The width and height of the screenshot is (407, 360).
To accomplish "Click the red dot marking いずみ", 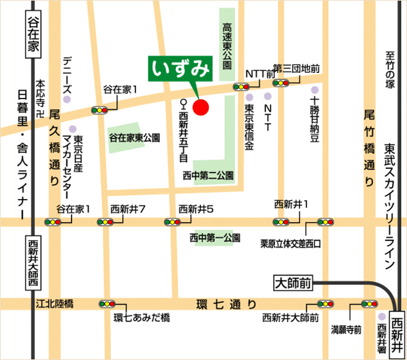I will [x=201, y=106].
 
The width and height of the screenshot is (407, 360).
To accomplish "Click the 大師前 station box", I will [x=292, y=284].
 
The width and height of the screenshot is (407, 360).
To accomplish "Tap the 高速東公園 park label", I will [x=226, y=46].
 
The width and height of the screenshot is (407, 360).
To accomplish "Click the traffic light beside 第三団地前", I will [x=283, y=83].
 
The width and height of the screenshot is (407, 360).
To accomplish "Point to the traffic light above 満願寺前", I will [x=368, y=304].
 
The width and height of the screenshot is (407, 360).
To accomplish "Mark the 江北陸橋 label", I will [x=55, y=304].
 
